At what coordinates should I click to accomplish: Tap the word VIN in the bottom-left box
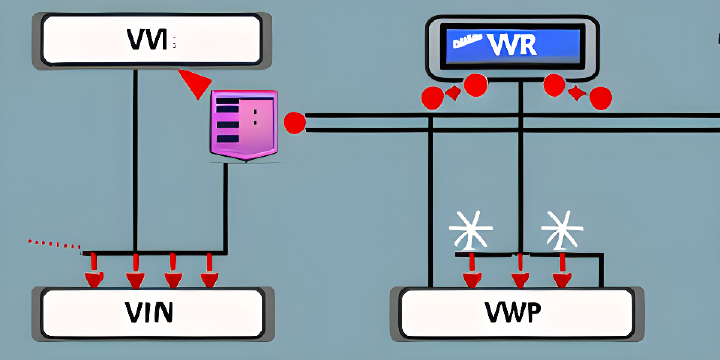pyautogui.click(x=149, y=312)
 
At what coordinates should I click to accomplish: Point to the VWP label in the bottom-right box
pyautogui.click(x=514, y=313)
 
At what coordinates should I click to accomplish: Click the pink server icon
pyautogui.click(x=243, y=124)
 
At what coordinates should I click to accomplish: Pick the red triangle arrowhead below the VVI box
pyautogui.click(x=195, y=84)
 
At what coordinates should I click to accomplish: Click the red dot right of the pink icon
pyautogui.click(x=294, y=123)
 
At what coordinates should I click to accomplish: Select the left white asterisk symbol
pyautogui.click(x=470, y=230)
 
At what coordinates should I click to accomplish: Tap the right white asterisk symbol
pyautogui.click(x=561, y=230)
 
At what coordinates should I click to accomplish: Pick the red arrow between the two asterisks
pyautogui.click(x=519, y=270)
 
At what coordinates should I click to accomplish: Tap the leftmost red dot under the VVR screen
pyautogui.click(x=432, y=97)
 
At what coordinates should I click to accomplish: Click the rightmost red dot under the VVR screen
pyautogui.click(x=600, y=97)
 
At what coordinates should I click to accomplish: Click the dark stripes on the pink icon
pyautogui.click(x=227, y=113)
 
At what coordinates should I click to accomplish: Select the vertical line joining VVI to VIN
pyautogui.click(x=133, y=160)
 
